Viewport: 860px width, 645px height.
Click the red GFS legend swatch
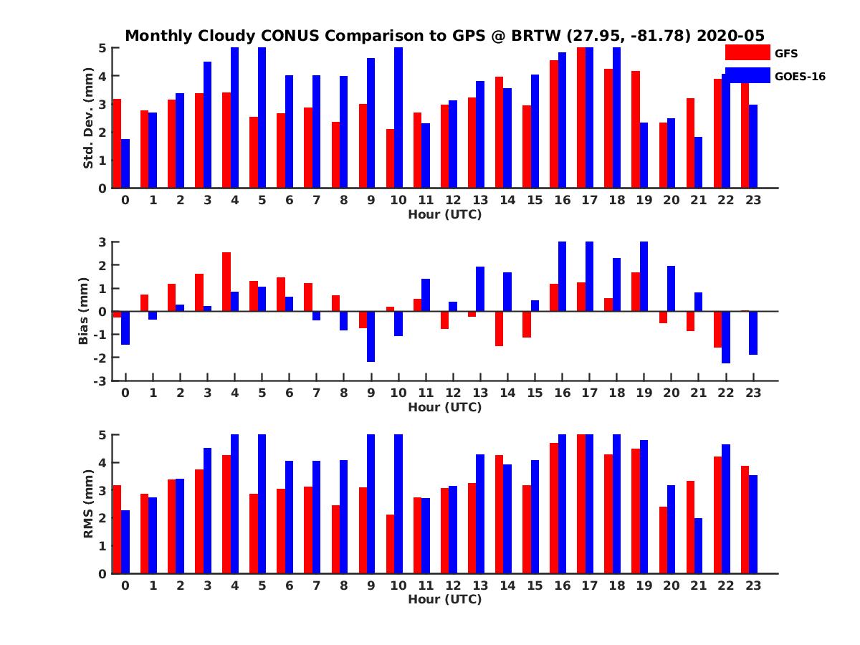click(747, 52)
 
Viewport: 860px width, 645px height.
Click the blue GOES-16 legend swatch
click(747, 75)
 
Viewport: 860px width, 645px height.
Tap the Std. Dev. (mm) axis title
click(89, 118)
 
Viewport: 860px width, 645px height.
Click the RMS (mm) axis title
click(89, 504)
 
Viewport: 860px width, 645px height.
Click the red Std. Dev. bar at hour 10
click(391, 158)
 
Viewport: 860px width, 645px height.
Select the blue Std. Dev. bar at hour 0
click(125, 163)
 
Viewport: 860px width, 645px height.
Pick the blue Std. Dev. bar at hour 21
click(698, 163)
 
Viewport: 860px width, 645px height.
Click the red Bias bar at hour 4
click(226, 282)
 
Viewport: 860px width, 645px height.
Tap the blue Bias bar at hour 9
click(371, 336)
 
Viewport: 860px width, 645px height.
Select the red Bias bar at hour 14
click(500, 328)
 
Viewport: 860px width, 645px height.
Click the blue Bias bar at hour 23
click(753, 333)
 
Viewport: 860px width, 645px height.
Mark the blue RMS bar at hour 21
click(698, 545)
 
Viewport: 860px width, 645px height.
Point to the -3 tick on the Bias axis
click(103, 381)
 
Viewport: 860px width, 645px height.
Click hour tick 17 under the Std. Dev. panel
click(589, 200)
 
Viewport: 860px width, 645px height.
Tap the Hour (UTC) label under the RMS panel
click(444, 599)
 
